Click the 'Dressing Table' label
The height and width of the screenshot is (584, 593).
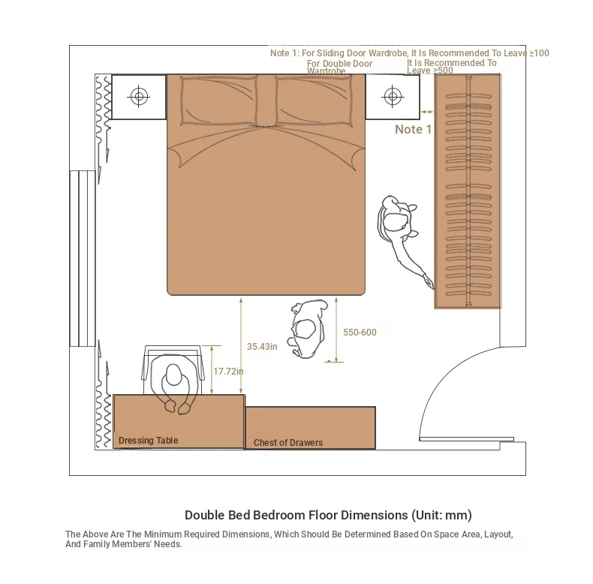(x=149, y=441)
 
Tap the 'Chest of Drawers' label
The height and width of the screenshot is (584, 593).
(x=288, y=443)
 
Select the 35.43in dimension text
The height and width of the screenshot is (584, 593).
(x=262, y=347)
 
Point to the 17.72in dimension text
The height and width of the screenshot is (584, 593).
(x=228, y=372)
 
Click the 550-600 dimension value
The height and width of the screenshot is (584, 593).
(x=360, y=333)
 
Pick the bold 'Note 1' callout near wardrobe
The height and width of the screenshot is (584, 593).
(x=414, y=129)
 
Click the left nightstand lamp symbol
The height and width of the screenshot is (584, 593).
(x=139, y=96)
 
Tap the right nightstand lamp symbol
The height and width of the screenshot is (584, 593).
(x=393, y=96)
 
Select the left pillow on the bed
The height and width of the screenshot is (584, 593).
(x=219, y=100)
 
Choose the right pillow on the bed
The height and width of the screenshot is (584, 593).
(x=314, y=100)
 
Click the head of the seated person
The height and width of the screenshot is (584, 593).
(x=173, y=375)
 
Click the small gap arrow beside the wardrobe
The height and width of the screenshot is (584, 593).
(x=427, y=112)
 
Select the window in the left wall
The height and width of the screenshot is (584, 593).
(x=83, y=258)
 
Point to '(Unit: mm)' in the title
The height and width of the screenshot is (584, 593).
(x=441, y=515)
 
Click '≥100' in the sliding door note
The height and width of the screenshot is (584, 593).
(x=539, y=53)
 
